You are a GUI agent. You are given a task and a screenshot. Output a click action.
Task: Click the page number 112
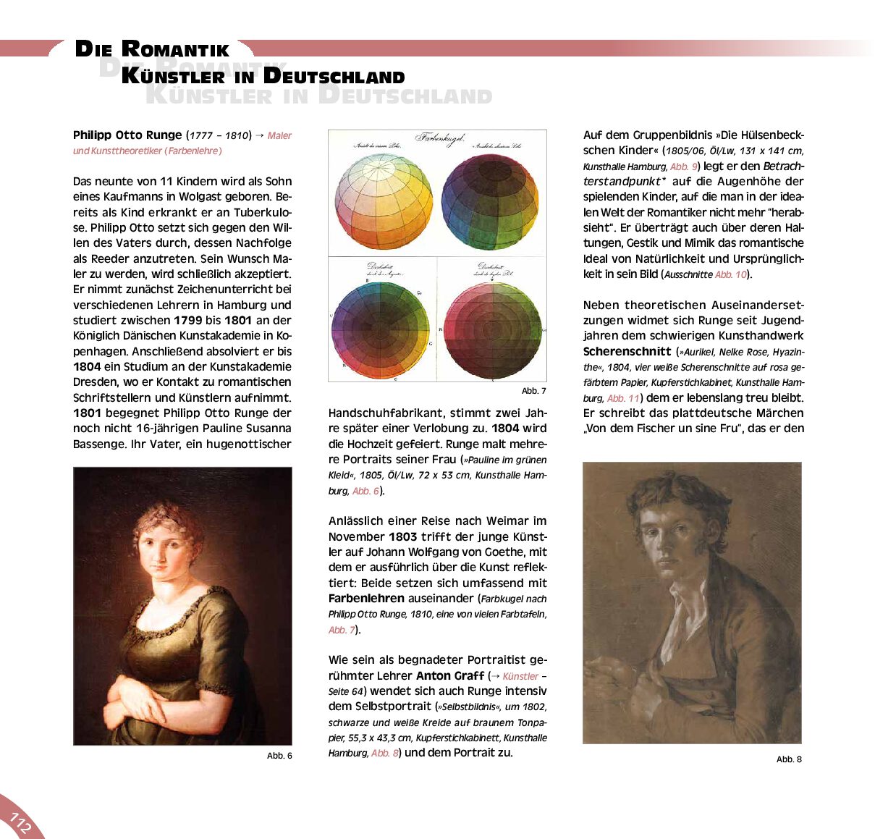pyautogui.click(x=20, y=823)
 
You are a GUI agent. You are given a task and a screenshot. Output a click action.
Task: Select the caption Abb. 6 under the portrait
pyautogui.click(x=279, y=756)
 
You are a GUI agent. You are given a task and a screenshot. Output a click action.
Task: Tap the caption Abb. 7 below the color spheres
pyautogui.click(x=533, y=391)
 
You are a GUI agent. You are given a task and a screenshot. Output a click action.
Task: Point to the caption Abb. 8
pyautogui.click(x=789, y=759)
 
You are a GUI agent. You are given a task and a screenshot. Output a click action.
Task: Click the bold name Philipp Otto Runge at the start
pyautogui.click(x=127, y=135)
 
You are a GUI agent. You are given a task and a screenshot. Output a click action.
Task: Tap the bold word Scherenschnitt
pyautogui.click(x=627, y=352)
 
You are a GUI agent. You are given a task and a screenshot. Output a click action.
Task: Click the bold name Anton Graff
pyautogui.click(x=449, y=675)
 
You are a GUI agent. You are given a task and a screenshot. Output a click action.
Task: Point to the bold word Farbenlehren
pyautogui.click(x=366, y=599)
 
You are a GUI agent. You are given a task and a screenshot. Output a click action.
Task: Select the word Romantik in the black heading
pyautogui.click(x=175, y=50)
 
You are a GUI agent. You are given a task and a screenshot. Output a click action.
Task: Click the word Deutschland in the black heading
pyautogui.click(x=334, y=76)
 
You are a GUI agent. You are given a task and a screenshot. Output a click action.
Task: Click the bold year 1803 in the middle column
pyautogui.click(x=402, y=537)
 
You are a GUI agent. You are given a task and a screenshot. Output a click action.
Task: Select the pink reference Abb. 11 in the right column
pyautogui.click(x=623, y=398)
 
